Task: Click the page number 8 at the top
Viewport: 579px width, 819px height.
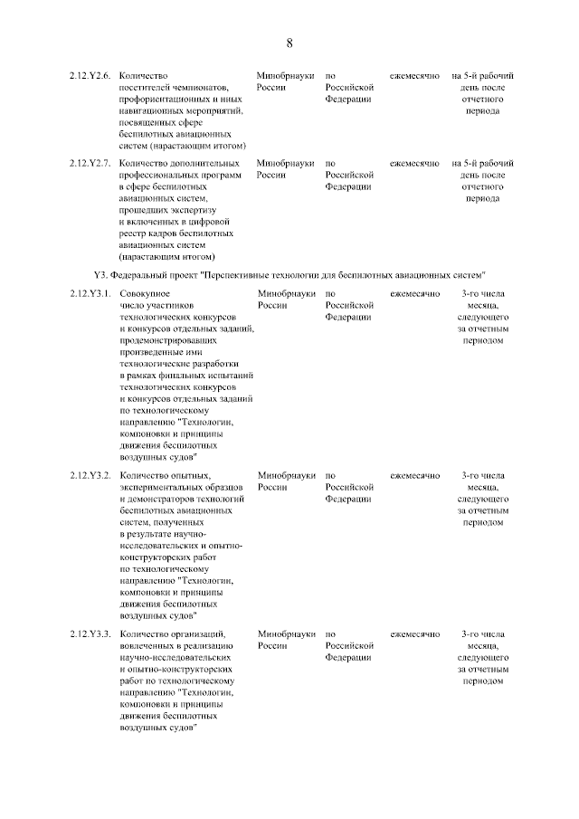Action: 289,43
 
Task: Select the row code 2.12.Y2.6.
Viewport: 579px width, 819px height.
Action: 90,76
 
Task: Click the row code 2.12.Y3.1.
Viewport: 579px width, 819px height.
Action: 90,294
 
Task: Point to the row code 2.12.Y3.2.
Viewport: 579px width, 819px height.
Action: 90,475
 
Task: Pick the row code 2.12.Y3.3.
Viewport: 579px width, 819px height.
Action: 90,633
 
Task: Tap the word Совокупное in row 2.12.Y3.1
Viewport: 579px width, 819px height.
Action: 146,294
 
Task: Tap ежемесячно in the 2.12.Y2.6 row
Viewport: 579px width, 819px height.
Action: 414,76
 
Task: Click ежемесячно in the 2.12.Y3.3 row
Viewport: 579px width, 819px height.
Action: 414,633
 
